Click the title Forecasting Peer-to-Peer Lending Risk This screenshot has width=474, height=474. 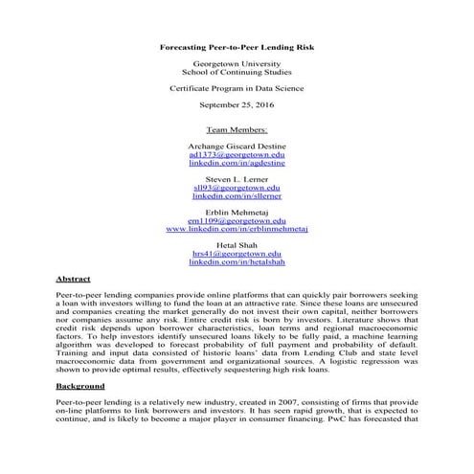(237, 45)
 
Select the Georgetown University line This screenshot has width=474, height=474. (237, 63)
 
